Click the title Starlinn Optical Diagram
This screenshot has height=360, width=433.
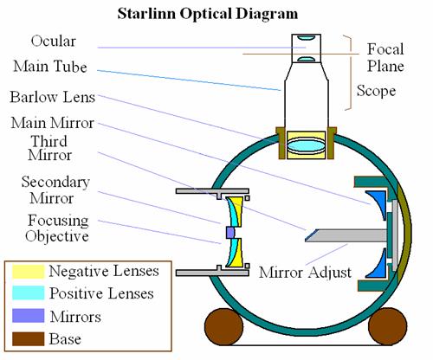coord(208,14)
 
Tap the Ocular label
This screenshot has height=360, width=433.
coord(54,41)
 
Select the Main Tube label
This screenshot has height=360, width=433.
coord(50,67)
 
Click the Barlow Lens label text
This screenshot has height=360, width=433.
coord(52,97)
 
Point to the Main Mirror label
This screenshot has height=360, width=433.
coord(52,123)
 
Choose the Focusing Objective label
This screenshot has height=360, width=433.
coord(57,228)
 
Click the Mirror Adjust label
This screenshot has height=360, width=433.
coord(305,272)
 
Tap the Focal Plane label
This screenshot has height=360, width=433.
coord(385,58)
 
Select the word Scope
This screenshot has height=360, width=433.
coord(376,91)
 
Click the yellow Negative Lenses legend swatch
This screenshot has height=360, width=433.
coord(29,272)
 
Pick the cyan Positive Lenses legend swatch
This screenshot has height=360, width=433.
coord(29,292)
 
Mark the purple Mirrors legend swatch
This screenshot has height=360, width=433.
coord(29,316)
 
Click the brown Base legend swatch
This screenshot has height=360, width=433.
coord(29,338)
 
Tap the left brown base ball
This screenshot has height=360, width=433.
coord(223,326)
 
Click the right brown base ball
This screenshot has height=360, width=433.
coord(388,326)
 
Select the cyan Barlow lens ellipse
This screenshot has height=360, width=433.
coord(307,145)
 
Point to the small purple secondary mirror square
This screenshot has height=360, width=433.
coord(230,233)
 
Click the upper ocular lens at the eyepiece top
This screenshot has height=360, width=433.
coord(306,38)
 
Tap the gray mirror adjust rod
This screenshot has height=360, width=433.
coord(346,235)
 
